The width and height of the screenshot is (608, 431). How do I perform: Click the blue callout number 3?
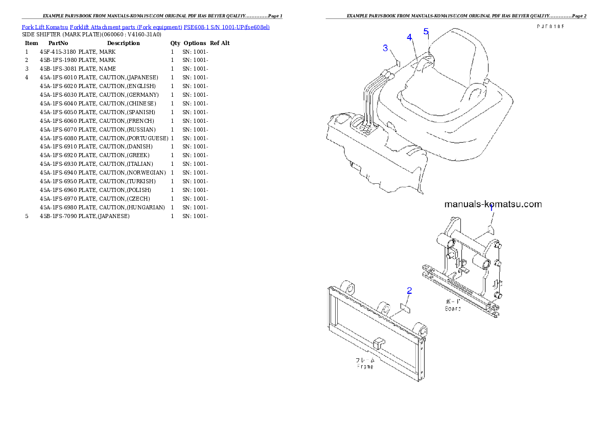tap(385, 48)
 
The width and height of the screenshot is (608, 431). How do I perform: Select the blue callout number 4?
tap(409, 37)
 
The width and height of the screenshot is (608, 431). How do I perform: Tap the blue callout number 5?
tap(426, 31)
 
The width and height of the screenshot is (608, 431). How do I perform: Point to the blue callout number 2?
tap(409, 291)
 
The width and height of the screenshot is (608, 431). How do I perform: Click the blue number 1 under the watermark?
tap(491, 209)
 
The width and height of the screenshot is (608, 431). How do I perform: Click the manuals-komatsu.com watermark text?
tap(493, 204)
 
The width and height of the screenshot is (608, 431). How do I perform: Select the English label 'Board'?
tap(453, 309)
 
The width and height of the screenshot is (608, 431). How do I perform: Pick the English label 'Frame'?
tap(365, 367)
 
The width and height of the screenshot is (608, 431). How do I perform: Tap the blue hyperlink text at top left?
tap(146, 26)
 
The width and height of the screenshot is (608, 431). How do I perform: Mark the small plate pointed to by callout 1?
tap(490, 228)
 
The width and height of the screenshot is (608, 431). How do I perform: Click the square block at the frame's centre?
tap(379, 344)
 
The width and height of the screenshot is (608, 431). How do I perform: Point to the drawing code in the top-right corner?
tap(550, 27)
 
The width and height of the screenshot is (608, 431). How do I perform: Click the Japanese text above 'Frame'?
tap(365, 360)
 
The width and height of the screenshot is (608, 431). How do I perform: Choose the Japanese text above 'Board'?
tap(453, 302)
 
